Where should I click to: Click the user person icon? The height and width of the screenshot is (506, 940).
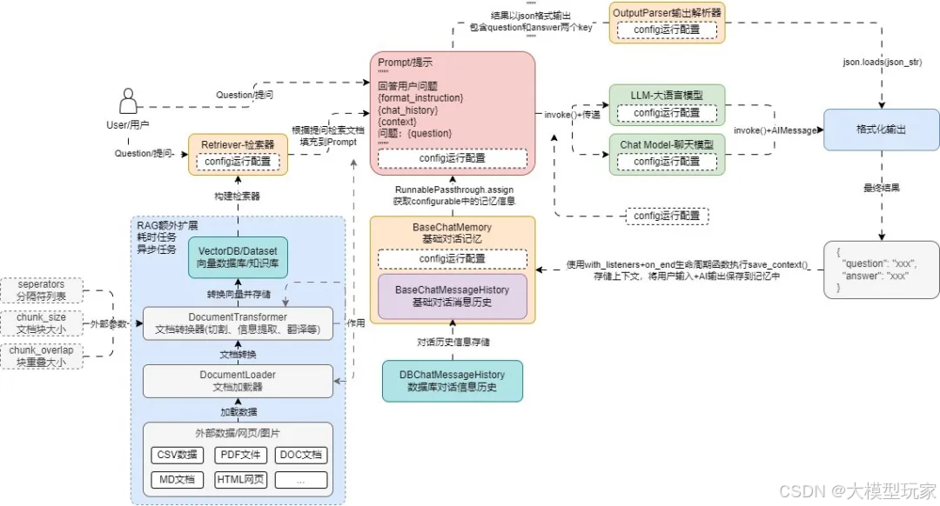(130, 101)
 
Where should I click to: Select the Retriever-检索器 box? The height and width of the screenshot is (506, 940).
(238, 143)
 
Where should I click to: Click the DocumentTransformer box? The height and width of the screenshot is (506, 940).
(238, 323)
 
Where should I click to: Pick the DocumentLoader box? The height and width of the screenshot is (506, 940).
(238, 381)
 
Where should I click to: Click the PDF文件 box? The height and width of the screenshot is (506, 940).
(239, 455)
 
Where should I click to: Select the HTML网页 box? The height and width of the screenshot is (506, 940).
(239, 480)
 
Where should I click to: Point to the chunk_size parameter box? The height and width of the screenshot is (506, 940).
(41, 323)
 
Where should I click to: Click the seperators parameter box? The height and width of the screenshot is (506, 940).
(41, 290)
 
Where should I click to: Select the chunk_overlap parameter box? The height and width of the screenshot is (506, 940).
(41, 356)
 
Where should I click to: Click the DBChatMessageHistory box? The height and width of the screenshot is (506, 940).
(453, 381)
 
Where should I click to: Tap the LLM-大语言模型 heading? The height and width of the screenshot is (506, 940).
(667, 95)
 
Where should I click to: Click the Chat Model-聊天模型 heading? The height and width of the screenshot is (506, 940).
(667, 143)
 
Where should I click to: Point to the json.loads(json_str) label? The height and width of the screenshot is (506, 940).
(882, 63)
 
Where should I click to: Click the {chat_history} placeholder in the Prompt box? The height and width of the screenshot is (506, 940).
(408, 110)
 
